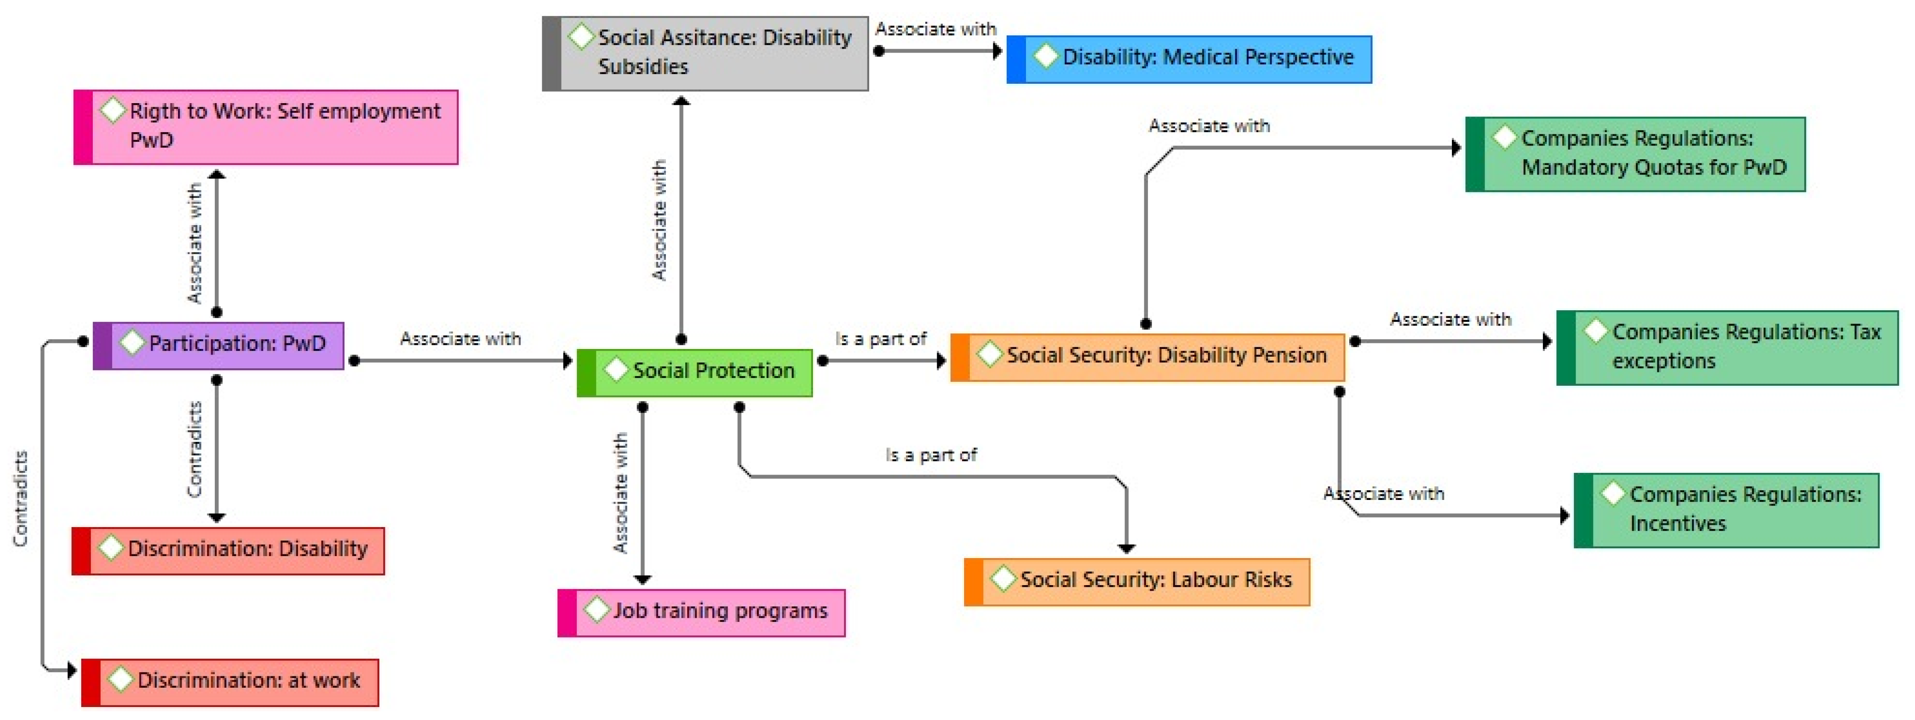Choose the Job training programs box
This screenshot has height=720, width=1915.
[701, 612]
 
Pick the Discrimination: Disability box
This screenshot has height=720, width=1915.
[228, 551]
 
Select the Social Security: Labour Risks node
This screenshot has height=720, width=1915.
[1137, 581]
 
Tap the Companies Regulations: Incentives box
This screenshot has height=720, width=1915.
[1726, 510]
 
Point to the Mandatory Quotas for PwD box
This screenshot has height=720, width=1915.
[1635, 154]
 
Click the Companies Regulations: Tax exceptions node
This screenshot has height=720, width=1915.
[1727, 348]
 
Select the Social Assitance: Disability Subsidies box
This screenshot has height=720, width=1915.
[705, 53]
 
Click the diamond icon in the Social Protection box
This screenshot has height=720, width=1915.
[616, 370]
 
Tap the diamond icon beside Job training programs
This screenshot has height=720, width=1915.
[596, 610]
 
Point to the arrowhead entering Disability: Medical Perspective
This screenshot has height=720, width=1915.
[998, 51]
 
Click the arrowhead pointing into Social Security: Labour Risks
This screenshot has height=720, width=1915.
[1126, 548]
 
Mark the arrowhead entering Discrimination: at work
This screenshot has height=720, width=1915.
[71, 670]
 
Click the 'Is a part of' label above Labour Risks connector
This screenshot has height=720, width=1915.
[931, 455]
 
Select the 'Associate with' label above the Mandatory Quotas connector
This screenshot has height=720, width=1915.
[1209, 126]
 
